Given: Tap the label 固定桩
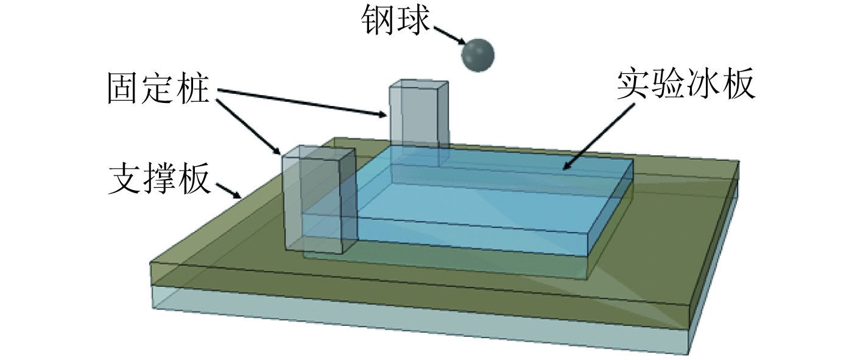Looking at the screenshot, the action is coord(158,89).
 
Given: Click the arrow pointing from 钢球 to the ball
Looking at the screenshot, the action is coord(449,36).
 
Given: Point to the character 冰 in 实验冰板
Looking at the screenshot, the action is coord(703,86).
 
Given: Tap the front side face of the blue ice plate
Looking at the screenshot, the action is coord(475,235).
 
